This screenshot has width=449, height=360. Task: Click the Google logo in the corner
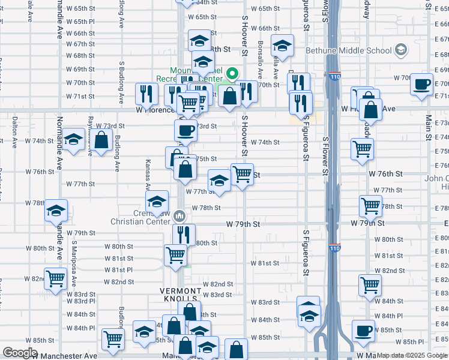click(x=20, y=353)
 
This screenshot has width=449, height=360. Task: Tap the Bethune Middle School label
click(x=349, y=50)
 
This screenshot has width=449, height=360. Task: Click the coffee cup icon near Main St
click(x=422, y=83)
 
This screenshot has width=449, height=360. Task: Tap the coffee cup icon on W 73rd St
click(x=185, y=129)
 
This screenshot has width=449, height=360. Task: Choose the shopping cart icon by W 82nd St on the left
click(x=55, y=278)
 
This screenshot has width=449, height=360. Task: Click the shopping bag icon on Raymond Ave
click(x=101, y=141)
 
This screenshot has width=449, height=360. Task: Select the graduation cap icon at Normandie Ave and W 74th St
click(x=74, y=140)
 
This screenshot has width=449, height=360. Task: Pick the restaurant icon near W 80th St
click(x=184, y=234)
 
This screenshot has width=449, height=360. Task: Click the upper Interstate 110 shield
click(x=334, y=77)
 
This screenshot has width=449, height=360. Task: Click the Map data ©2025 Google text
click(x=412, y=356)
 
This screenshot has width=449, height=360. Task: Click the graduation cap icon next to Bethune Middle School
click(x=282, y=45)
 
